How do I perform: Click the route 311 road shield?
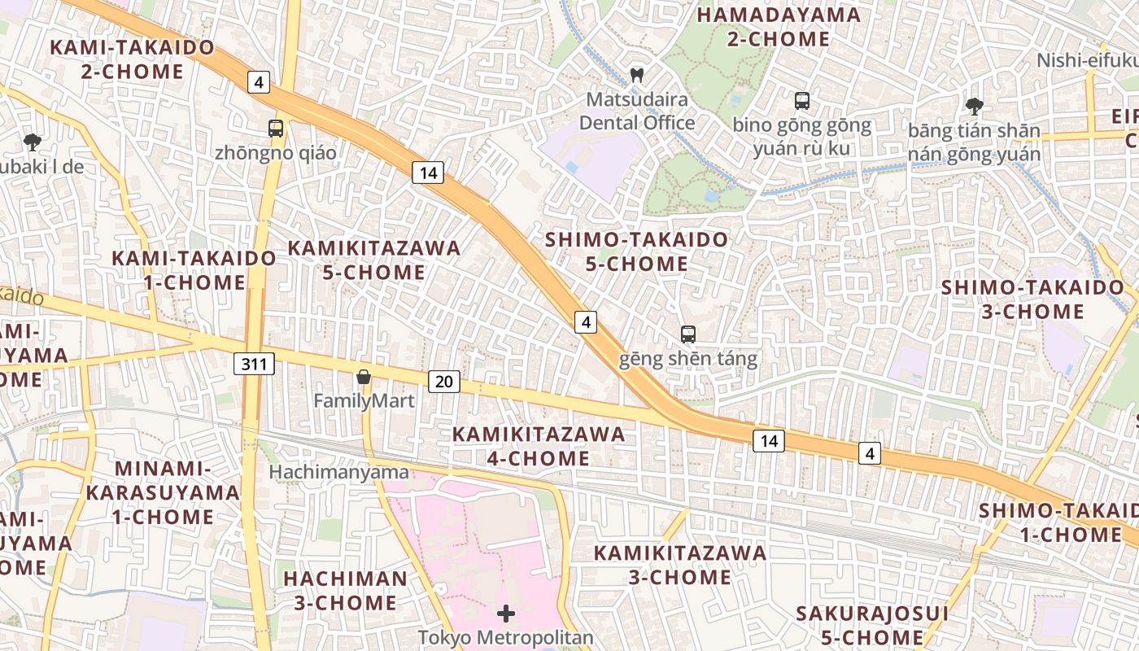tap(254, 364)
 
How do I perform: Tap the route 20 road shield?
tap(443, 382)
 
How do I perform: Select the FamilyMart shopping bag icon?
tap(364, 377)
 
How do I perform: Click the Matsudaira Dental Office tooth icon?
tap(637, 76)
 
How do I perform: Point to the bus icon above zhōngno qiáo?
tap(276, 128)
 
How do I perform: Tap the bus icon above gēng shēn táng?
tap(688, 334)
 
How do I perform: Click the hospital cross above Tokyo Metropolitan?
tap(506, 614)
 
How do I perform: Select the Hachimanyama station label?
tap(339, 472)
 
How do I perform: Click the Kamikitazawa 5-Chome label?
tap(374, 260)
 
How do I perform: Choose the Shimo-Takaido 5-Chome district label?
tap(637, 251)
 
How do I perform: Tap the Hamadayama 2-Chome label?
tap(779, 27)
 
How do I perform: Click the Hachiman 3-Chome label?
tap(346, 591)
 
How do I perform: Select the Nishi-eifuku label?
tap(1087, 61)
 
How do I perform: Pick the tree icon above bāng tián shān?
tap(974, 105)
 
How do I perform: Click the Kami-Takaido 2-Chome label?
tap(133, 59)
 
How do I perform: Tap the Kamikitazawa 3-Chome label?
tap(680, 565)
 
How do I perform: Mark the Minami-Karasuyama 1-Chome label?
tap(163, 492)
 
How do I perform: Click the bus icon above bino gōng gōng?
tap(802, 101)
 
